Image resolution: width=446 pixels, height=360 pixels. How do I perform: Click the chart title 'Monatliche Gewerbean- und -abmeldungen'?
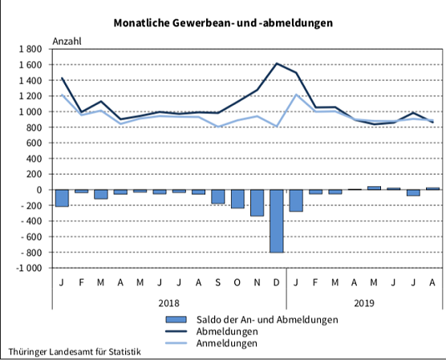point(222,23)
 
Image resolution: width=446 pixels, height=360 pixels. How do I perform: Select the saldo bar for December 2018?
point(277,220)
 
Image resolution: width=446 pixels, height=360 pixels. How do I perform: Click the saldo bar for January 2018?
point(62,198)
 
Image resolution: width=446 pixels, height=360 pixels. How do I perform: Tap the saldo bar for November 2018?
point(257,203)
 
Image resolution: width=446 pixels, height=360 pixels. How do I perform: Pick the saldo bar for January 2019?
point(296,200)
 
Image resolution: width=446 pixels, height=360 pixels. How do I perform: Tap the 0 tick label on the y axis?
point(39,190)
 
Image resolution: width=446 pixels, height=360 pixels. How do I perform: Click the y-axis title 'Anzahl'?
point(67,40)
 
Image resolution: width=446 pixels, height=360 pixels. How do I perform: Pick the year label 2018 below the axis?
point(168,302)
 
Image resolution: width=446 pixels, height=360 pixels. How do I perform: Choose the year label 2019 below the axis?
point(364,302)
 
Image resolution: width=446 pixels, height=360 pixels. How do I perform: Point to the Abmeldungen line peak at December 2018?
point(277,63)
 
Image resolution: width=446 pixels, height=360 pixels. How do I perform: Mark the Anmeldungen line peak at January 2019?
point(296,95)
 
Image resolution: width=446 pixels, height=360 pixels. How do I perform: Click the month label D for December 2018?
point(277,281)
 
